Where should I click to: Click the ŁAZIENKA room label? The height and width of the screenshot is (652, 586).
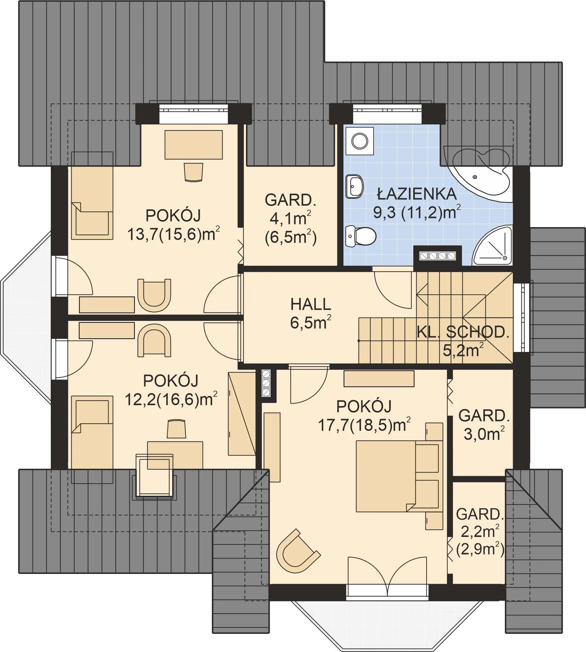[x=417, y=194]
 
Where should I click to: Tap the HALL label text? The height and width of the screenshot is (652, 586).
[x=311, y=304]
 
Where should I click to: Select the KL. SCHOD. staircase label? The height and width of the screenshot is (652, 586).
[x=463, y=332]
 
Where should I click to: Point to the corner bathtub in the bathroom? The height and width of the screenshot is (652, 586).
[x=478, y=174]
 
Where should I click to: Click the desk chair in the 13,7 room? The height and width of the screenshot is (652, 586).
[x=194, y=172]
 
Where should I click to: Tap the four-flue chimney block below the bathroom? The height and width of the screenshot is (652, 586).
[x=438, y=256]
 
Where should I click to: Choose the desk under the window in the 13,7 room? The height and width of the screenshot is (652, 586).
[x=193, y=144]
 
